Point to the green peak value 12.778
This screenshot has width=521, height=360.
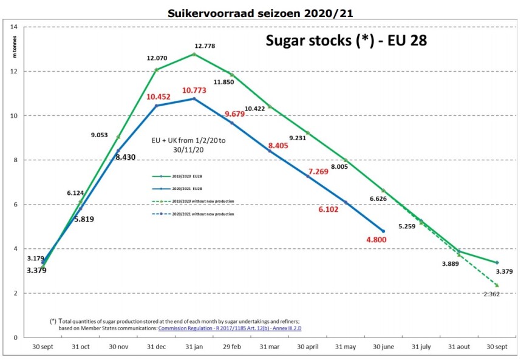205,46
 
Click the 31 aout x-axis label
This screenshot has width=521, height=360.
459,347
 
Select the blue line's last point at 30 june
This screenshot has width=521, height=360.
383,231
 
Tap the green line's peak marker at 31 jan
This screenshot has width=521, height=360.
194,54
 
